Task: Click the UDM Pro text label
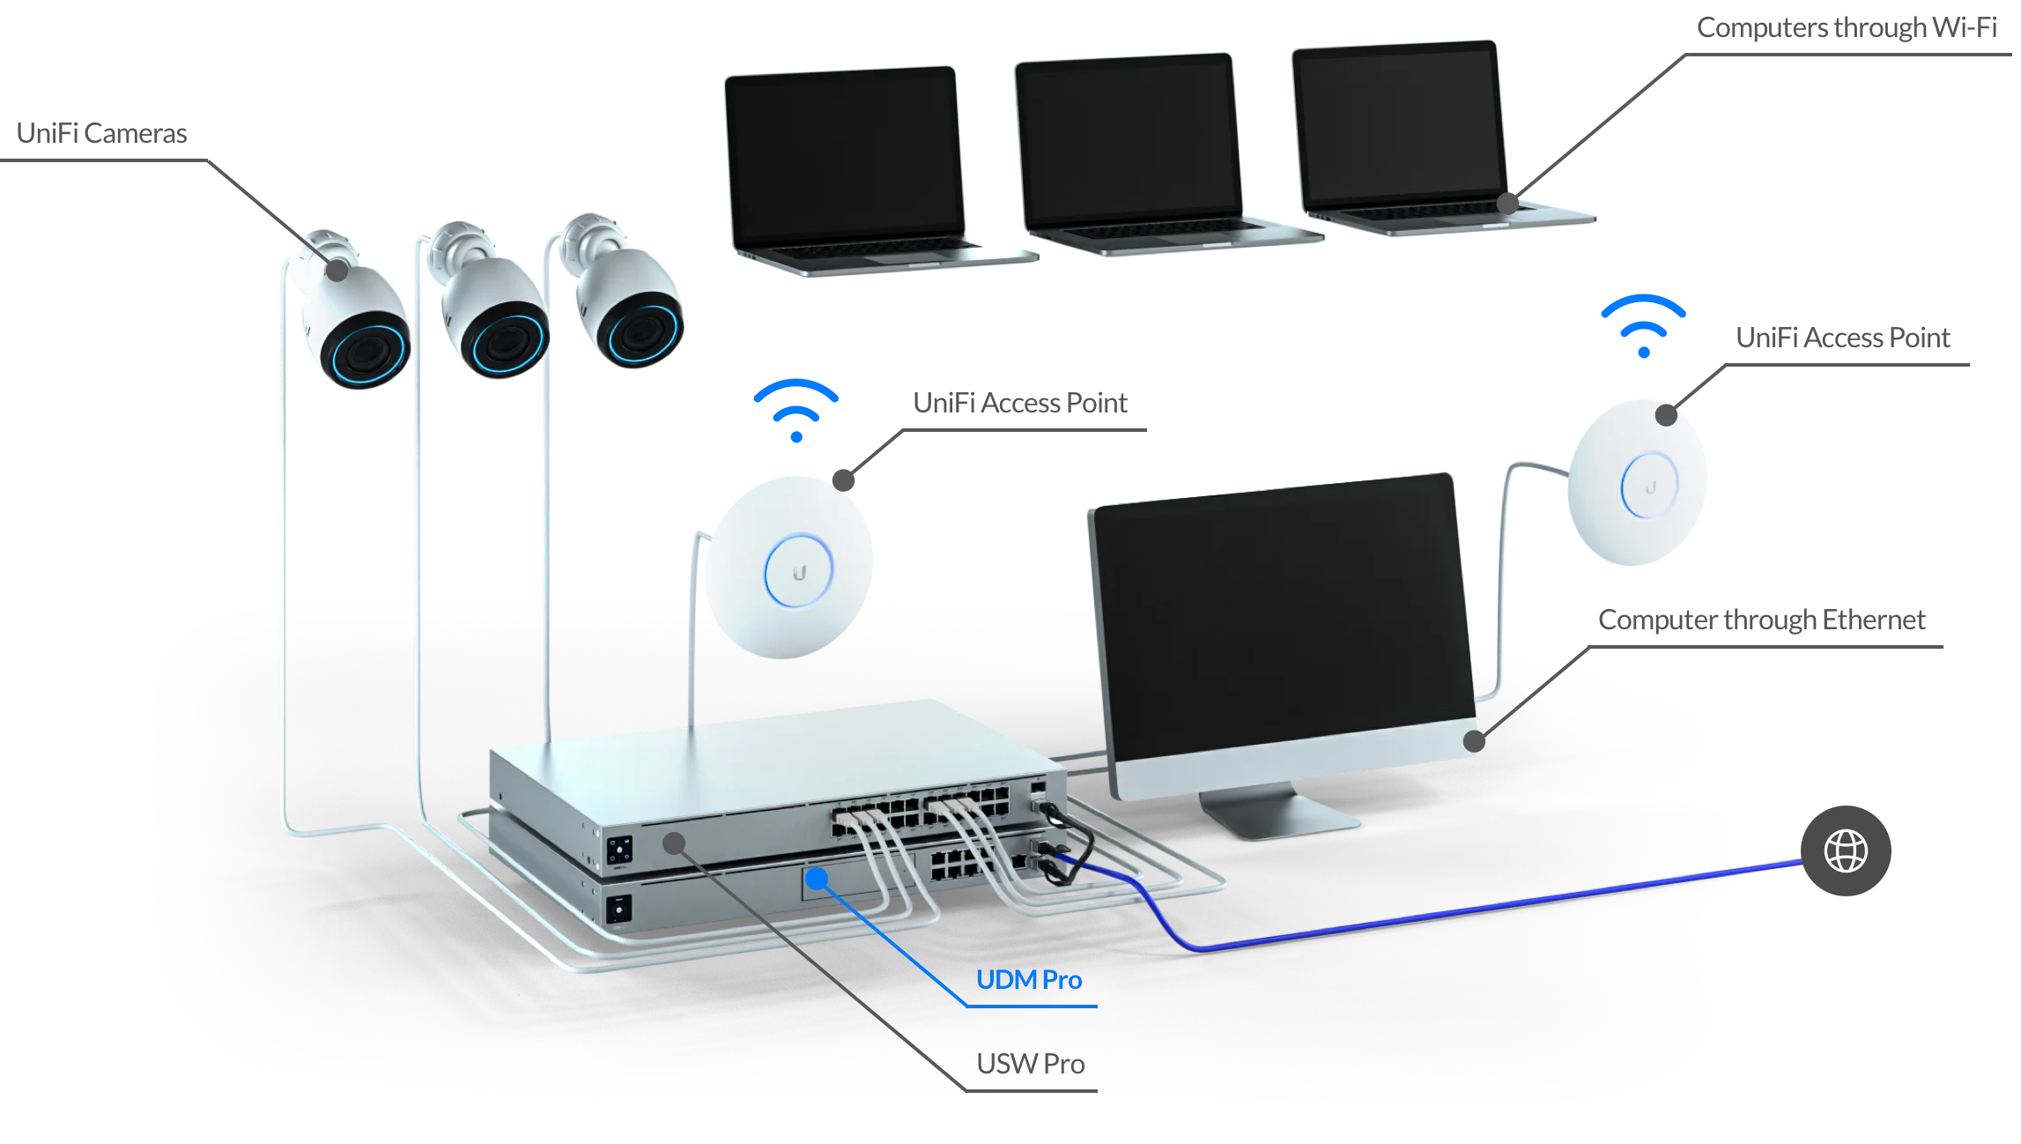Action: click(1029, 980)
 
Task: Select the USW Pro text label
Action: click(1030, 1064)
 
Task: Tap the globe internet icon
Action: click(1846, 851)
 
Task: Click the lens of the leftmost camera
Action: click(365, 354)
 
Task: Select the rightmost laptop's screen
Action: click(1402, 127)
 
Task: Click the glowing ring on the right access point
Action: click(1649, 484)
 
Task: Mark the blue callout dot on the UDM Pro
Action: click(818, 878)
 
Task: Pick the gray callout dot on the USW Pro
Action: click(674, 843)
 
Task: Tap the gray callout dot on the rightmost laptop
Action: click(1507, 204)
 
